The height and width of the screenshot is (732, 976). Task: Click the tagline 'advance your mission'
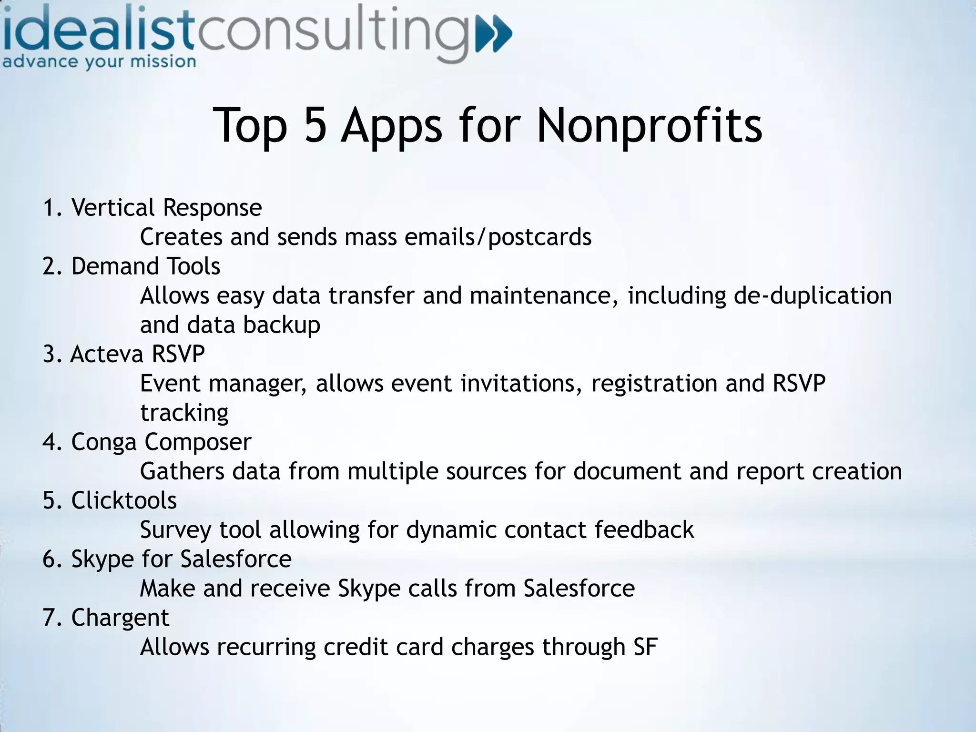(99, 62)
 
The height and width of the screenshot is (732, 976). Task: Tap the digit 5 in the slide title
(315, 125)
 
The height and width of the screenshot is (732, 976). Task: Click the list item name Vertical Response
(166, 208)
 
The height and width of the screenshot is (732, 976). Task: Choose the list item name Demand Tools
(145, 266)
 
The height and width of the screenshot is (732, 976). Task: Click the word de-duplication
(812, 295)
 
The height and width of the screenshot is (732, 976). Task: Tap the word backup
(281, 325)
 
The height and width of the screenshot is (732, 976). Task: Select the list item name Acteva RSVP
(138, 354)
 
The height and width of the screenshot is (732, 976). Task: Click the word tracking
(184, 413)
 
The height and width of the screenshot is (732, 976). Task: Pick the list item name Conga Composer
(161, 442)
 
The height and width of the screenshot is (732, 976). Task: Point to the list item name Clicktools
(124, 500)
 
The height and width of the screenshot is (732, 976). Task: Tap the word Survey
(175, 530)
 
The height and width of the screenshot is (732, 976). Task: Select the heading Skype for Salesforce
(181, 559)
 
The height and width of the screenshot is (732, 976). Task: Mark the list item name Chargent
(120, 618)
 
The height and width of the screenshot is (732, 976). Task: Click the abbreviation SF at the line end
(645, 647)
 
